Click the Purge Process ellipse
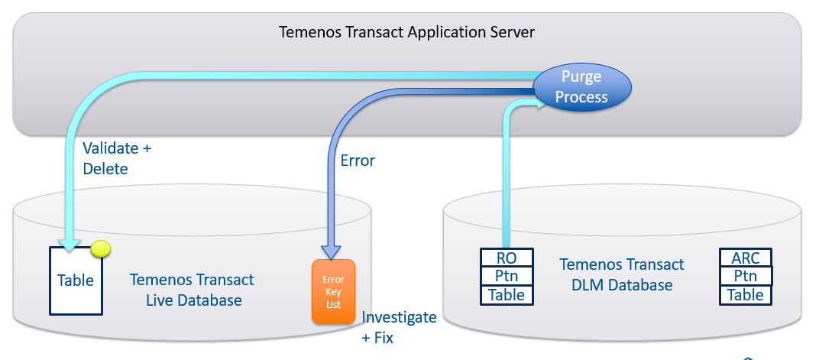pos(581,86)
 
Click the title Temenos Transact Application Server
pos(406,32)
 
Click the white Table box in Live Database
pos(76,281)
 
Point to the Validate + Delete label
pos(116,157)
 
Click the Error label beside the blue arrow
pos(357,161)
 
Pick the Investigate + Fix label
pos(399,327)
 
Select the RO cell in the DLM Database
pos(507,258)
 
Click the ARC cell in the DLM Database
pos(745,257)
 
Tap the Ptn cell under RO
pos(507,276)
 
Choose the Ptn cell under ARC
pos(745,275)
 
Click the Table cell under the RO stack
pos(507,294)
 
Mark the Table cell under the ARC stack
pos(745,294)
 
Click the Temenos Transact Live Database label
pos(193,290)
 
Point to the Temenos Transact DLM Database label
pos(622,275)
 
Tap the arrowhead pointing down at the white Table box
pos(70,245)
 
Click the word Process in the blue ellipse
pos(581,97)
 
